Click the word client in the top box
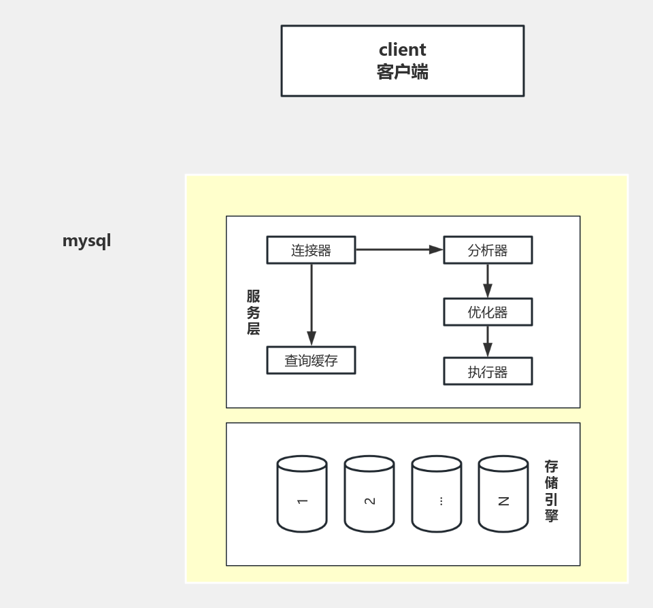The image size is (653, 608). point(402,50)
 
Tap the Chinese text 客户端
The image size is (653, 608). point(402,71)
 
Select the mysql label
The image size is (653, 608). point(86,241)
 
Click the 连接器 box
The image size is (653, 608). point(311,250)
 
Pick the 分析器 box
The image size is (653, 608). point(488,250)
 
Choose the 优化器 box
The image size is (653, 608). point(488,312)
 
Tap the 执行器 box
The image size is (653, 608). point(488,372)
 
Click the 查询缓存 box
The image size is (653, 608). point(311,361)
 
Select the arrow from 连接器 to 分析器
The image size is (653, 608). point(399,250)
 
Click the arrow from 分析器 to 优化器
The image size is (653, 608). point(488,280)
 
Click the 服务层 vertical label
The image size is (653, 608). point(253,312)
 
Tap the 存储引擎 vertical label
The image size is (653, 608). point(551,490)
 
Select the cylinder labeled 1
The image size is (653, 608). point(302,494)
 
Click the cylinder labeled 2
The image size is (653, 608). point(369,494)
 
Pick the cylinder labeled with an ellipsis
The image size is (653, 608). point(437,494)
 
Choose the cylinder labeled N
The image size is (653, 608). point(503,494)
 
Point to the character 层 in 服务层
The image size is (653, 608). point(253,328)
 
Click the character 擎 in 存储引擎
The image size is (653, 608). point(551,515)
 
